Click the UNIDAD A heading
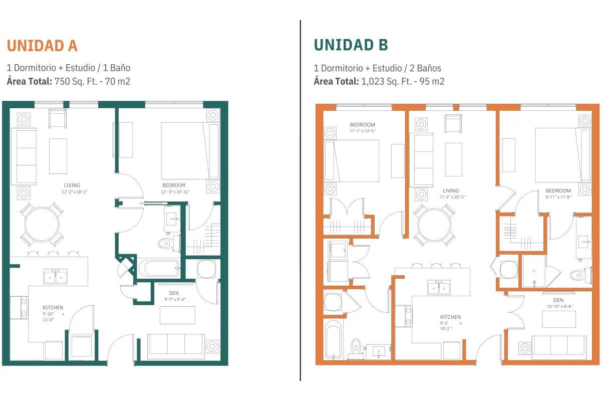pos(42,46)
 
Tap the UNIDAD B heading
pos(351,45)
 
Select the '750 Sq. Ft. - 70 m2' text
pos(92,81)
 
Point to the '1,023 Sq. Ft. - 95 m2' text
pos(403,81)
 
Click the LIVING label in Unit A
pos(72,185)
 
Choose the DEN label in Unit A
pos(174,293)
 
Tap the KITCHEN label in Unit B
pos(450,317)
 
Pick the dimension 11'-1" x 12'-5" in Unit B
pos(363,131)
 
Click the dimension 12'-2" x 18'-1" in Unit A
pos(75,192)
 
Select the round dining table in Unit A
pos(42,224)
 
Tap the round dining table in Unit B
pos(434,225)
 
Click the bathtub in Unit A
pos(159,268)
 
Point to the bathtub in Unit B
pos(333,339)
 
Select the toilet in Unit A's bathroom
pos(166,244)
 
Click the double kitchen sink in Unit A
pos(56,276)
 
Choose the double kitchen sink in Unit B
pos(439,287)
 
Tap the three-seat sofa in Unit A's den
pos(176,346)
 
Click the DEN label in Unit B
pos(558,300)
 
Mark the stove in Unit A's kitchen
pos(19,308)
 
